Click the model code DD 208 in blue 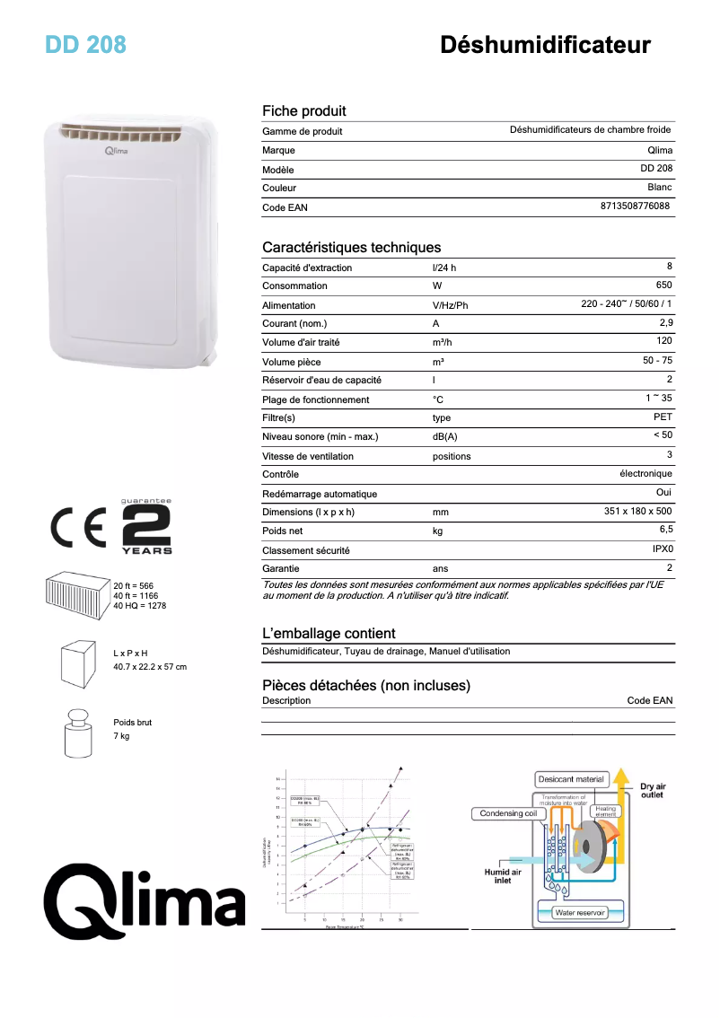85,44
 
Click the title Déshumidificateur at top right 545,45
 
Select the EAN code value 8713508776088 635,206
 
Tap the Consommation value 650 663,285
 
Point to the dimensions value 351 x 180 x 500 637,512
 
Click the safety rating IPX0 662,549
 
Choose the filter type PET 663,417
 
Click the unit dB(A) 444,437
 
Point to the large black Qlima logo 145,898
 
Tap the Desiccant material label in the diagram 571,778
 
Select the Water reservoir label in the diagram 580,912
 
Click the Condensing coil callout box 507,813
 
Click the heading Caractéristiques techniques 351,247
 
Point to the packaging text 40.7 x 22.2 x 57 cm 150,667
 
